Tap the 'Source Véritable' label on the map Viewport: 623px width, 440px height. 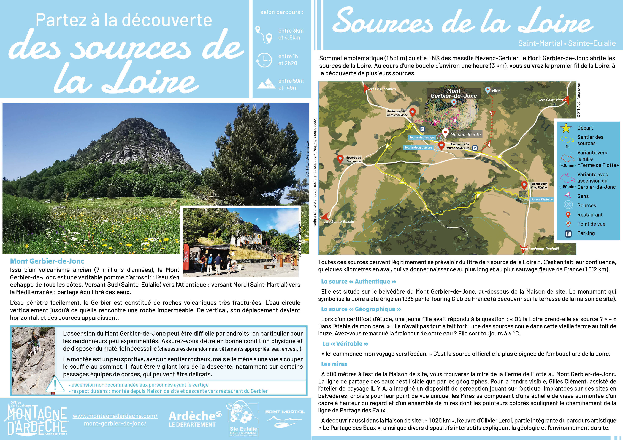click(542, 199)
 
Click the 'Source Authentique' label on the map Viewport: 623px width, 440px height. click(422, 137)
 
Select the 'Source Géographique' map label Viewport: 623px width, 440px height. click(418, 147)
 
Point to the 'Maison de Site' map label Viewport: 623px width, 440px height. click(465, 134)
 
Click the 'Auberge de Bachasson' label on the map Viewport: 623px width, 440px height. click(353, 159)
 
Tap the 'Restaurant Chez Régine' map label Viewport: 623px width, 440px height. click(539, 186)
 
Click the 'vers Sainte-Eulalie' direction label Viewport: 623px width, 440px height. click(339, 221)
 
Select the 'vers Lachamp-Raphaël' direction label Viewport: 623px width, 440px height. click(540, 249)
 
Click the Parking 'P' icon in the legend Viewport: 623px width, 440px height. click(568, 234)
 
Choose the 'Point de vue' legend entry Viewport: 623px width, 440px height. click(591, 224)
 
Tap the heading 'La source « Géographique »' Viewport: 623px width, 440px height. click(361, 309)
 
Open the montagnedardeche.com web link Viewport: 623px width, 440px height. click(115, 419)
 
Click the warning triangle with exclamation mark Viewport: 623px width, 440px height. click(55, 385)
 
